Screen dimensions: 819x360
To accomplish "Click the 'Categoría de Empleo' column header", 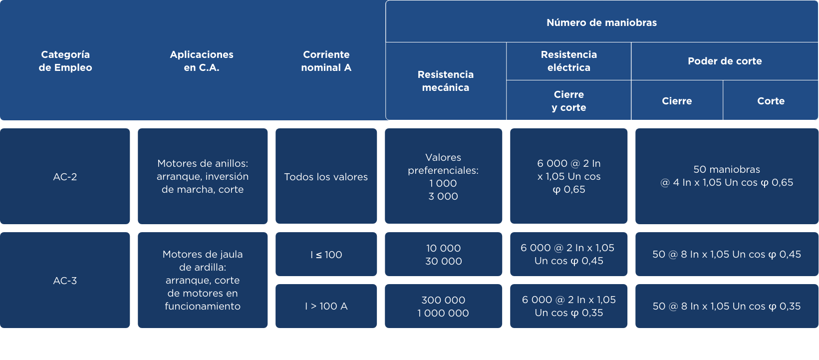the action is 65,61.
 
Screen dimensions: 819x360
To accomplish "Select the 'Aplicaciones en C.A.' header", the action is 202,61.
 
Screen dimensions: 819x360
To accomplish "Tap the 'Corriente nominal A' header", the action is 326,61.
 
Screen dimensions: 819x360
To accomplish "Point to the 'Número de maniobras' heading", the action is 601,22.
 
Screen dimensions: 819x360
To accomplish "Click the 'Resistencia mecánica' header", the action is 445,81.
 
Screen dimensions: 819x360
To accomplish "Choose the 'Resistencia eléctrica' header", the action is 568,61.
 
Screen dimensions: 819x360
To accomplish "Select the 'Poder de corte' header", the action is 725,61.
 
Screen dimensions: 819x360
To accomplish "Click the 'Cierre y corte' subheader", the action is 568,100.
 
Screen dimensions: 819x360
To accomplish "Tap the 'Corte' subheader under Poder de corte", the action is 771,100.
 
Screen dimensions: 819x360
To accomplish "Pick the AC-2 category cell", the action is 65,176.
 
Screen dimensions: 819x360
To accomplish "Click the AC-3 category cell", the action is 65,280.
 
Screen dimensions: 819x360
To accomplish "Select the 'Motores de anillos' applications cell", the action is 203,176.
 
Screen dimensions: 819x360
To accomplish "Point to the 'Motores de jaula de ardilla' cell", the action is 203,280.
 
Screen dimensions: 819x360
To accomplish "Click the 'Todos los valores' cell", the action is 326,176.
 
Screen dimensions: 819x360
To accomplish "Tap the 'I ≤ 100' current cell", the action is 326,254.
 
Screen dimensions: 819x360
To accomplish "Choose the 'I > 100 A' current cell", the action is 326,306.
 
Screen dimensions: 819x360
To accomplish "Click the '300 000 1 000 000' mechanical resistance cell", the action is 443,306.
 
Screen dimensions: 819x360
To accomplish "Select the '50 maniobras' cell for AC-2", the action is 727,176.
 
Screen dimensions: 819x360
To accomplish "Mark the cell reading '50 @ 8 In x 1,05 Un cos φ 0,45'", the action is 727,254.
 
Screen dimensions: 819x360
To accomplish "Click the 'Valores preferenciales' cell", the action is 443,176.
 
